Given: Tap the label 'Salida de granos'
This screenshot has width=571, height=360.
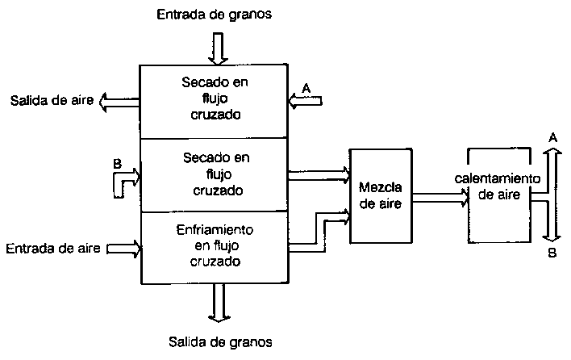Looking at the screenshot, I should pyautogui.click(x=219, y=341).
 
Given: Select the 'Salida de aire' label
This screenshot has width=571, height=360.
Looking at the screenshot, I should pyautogui.click(x=48, y=101).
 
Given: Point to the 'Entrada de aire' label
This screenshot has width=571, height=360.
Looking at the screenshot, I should pyautogui.click(x=52, y=248).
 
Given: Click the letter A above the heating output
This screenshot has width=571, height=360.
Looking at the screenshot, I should pyautogui.click(x=552, y=138).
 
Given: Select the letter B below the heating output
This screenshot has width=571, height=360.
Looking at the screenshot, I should pyautogui.click(x=552, y=252).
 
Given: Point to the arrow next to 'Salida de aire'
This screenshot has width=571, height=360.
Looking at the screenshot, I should pyautogui.click(x=117, y=101).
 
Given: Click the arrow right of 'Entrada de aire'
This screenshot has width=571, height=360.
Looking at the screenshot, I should pyautogui.click(x=123, y=249).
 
